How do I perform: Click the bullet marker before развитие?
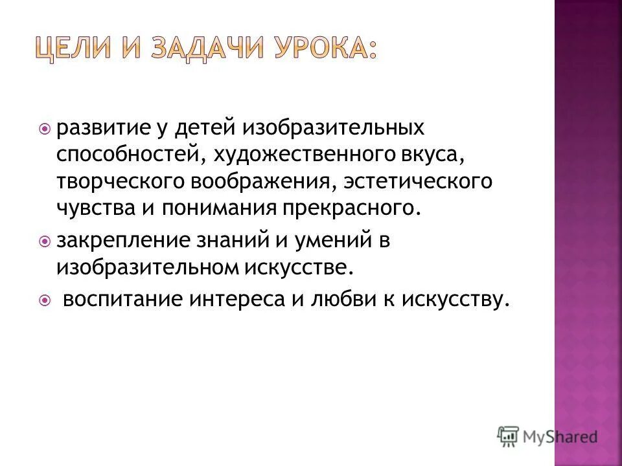(45, 128)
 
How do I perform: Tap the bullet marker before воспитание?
(45, 300)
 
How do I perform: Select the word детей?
(206, 128)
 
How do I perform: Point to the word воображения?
(262, 183)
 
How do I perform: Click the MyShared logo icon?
(509, 436)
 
